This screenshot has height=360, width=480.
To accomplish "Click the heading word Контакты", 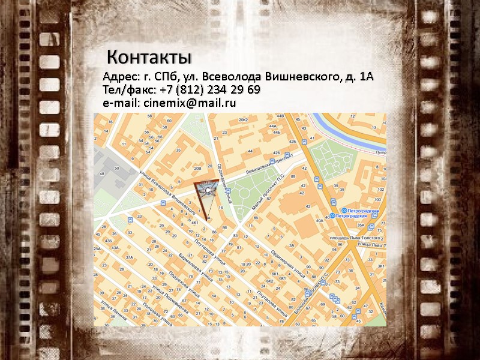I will click(x=149, y=58).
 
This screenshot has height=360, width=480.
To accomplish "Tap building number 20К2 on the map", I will click(x=243, y=120).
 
